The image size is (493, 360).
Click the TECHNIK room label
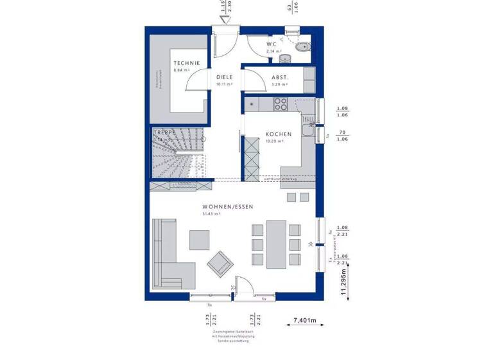[186, 63]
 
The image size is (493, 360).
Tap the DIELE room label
[224, 77]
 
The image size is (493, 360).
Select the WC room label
[272, 44]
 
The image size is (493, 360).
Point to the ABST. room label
[280, 77]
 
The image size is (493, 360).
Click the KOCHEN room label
[279, 134]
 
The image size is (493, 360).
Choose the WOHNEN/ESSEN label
[228, 206]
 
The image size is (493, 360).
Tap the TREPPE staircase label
[164, 132]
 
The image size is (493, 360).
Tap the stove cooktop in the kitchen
[281, 102]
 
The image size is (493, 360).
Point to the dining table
[276, 244]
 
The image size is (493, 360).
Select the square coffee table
[199, 240]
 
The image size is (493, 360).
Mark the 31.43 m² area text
[211, 213]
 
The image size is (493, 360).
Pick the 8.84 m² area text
[182, 70]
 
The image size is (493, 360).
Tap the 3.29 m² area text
[279, 84]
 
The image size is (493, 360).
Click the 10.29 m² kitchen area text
[275, 141]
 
